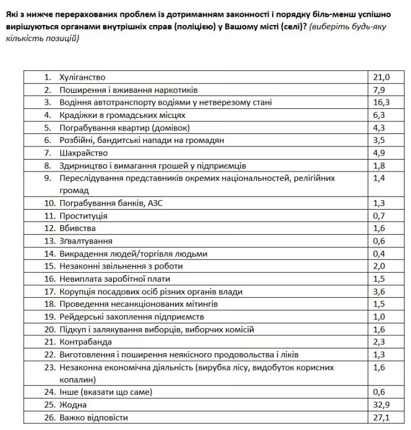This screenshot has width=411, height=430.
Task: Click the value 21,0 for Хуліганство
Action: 381,77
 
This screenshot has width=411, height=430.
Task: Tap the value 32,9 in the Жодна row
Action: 381,404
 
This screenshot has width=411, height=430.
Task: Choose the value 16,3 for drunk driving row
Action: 381,102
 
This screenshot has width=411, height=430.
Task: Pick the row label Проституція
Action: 83,216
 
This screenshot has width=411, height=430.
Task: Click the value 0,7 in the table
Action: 379,216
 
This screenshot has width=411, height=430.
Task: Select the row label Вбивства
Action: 77,228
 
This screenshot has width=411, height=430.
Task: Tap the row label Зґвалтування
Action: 86,241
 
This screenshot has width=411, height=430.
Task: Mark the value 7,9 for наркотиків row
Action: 379,90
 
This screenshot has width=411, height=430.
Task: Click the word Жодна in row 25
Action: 73,404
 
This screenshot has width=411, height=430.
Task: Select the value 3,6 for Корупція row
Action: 379,291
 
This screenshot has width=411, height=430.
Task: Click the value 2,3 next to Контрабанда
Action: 379,342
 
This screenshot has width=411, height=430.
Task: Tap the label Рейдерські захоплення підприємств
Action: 132,316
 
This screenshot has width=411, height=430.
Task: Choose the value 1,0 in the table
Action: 379,316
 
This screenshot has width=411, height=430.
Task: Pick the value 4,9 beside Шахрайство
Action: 379,153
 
